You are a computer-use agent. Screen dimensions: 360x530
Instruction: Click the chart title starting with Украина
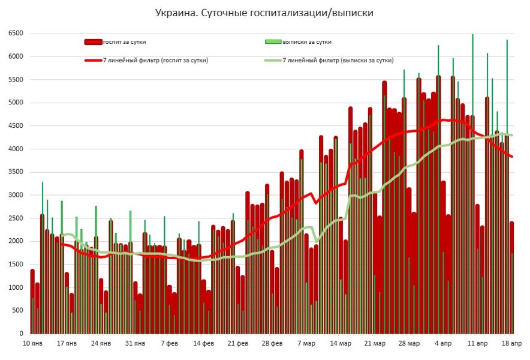point(264,13)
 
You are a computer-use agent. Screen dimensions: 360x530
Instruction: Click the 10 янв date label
point(32,344)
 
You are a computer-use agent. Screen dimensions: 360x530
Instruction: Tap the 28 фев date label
point(273,344)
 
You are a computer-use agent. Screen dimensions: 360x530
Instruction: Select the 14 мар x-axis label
point(341,344)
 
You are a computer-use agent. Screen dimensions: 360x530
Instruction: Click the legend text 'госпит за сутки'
point(125,42)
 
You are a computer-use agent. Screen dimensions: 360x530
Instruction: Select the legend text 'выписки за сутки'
point(307,42)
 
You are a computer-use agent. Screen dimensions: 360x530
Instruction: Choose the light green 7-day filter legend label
point(338,60)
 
